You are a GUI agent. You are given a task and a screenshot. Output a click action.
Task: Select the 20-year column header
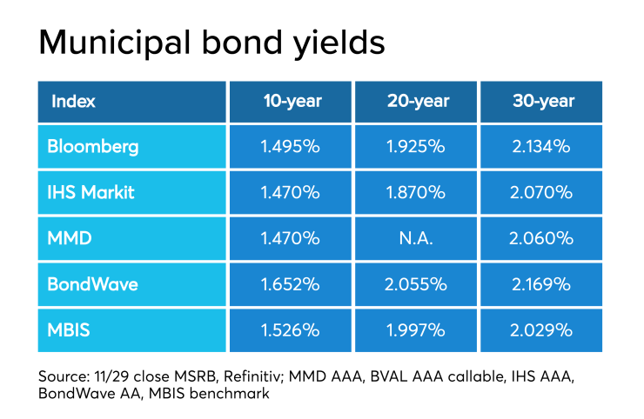pos(419,102)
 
